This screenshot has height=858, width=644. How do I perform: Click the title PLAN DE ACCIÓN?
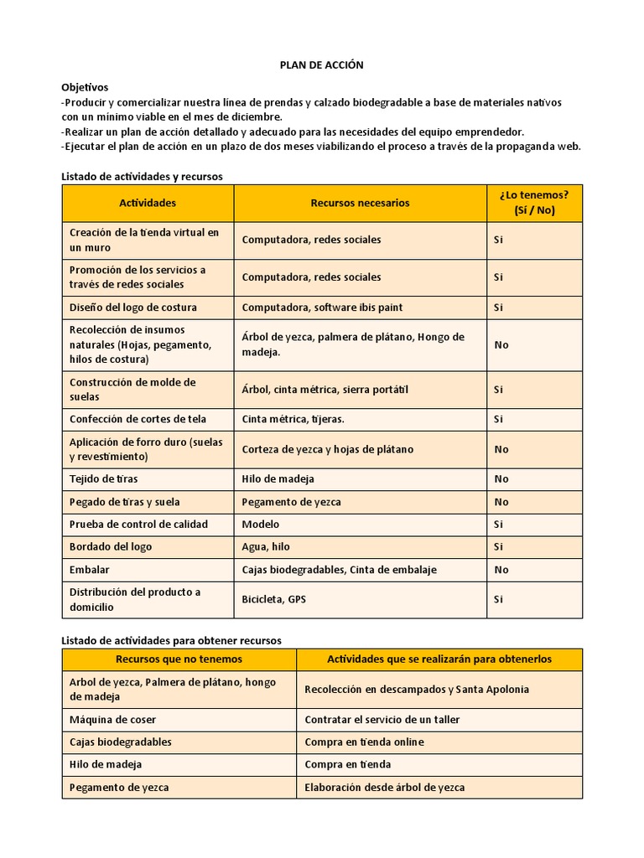tap(321, 65)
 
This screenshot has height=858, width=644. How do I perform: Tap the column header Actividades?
tap(148, 203)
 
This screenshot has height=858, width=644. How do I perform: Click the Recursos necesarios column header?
tap(360, 203)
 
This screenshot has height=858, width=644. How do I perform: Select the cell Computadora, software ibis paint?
tap(322, 308)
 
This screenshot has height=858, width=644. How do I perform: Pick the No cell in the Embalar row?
tap(501, 570)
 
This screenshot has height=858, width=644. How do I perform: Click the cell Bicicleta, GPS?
tap(274, 599)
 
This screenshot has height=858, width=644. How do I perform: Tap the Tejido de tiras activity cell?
tap(104, 479)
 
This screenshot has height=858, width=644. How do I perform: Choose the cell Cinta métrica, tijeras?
tap(293, 419)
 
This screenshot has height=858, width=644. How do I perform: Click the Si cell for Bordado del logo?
tap(498, 546)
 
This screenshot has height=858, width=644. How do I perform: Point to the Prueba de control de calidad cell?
tap(138, 525)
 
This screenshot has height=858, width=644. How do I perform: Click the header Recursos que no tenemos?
tap(179, 659)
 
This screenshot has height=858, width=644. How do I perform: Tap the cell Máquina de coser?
tap(113, 720)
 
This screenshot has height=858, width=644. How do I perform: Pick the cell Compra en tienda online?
tap(365, 742)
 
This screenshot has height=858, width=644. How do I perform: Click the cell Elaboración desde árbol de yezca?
tap(385, 787)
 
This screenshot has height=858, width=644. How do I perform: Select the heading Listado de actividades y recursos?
tap(143, 176)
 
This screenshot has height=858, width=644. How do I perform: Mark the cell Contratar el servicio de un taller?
tap(382, 720)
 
